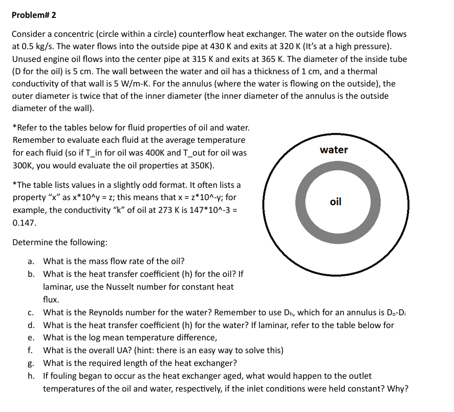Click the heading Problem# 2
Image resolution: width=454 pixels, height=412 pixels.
point(34,15)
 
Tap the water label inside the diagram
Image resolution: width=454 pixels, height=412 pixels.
point(334,150)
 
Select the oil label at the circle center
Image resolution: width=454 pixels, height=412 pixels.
point(335,202)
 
